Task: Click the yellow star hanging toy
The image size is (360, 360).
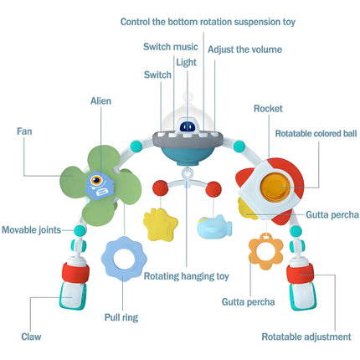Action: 160,224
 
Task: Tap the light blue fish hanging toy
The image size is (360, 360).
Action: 214,227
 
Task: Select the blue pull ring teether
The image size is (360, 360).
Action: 124,259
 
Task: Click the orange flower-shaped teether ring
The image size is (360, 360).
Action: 266,252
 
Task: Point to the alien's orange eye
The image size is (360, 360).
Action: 96,180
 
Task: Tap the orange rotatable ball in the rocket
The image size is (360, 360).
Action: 275,187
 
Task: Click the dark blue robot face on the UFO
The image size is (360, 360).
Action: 188,127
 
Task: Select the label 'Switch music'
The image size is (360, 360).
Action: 171,47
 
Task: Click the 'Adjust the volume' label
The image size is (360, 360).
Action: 244,49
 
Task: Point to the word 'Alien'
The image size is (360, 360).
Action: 100,100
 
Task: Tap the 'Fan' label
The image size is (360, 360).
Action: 24,131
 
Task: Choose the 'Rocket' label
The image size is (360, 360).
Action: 268,109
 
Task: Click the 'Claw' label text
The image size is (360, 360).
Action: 31,337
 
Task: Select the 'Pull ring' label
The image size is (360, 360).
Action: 121,317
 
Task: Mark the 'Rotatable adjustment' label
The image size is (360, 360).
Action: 306,337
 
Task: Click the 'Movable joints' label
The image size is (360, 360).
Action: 31,230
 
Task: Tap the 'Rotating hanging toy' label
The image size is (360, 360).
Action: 187,276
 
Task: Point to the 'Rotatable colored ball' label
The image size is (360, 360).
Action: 316,133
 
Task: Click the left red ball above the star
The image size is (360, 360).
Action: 161,188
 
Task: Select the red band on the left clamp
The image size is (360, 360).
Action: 75,273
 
